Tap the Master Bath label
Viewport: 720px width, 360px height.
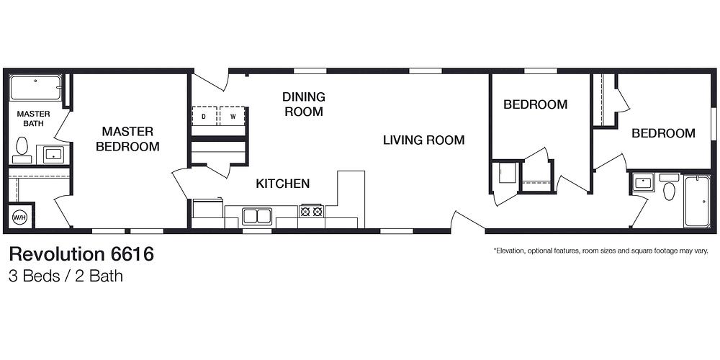pos(33,119)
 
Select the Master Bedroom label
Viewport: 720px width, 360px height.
pos(127,139)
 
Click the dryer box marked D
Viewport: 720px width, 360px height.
pos(204,116)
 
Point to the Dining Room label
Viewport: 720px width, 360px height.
pos(303,104)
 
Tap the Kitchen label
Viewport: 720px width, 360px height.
pos(283,184)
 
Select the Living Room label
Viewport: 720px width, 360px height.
pos(423,140)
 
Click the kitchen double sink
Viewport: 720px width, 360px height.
pos(257,216)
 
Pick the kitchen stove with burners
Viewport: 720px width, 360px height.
pos(311,212)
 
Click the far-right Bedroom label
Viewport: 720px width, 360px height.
pos(663,133)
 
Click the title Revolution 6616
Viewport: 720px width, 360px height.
pos(81,254)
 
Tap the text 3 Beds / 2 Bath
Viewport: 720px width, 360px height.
pos(66,276)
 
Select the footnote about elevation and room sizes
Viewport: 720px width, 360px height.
pos(600,251)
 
